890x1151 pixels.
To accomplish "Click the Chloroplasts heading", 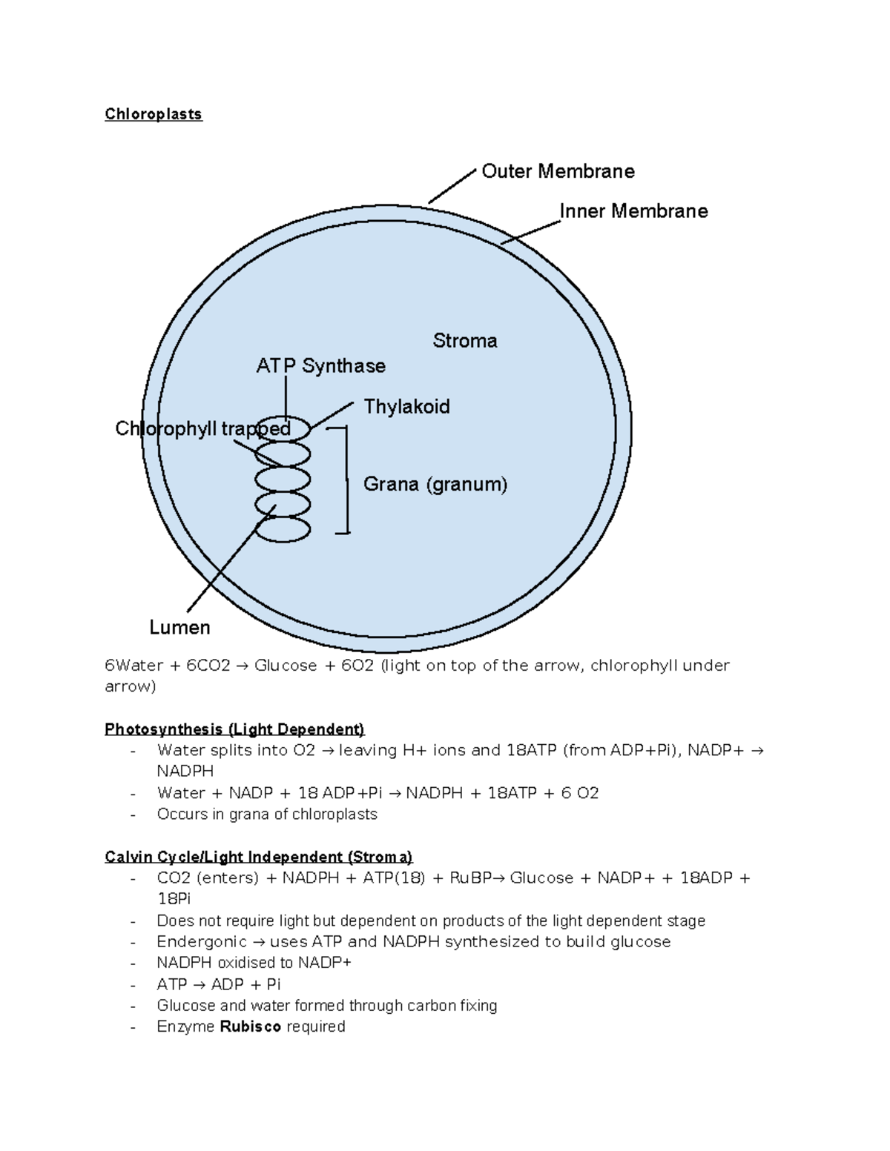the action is click(x=154, y=114).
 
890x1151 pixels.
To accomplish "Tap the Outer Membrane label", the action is click(x=558, y=171).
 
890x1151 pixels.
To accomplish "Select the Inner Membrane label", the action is click(x=633, y=211).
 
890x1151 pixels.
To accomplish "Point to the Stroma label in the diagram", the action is click(x=464, y=341).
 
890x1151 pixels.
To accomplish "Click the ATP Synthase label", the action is click(x=320, y=366).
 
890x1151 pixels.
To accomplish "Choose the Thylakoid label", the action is click(x=406, y=406).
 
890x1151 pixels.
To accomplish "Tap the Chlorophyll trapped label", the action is click(x=202, y=428).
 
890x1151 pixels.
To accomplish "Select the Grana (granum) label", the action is click(x=435, y=485).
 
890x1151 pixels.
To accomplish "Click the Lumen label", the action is click(x=179, y=628).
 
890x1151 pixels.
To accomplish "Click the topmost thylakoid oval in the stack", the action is click(x=297, y=428).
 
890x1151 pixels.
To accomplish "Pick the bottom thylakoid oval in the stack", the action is click(x=283, y=530).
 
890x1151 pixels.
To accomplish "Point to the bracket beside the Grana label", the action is click(x=346, y=480).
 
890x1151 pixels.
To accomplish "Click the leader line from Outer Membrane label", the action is click(x=452, y=186).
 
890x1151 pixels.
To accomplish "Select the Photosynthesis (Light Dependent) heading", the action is click(x=234, y=729).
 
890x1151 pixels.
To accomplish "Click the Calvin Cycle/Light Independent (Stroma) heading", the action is click(x=258, y=857).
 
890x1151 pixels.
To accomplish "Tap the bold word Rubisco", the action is click(x=251, y=1026).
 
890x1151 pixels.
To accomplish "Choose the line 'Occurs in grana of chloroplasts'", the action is click(x=267, y=815).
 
